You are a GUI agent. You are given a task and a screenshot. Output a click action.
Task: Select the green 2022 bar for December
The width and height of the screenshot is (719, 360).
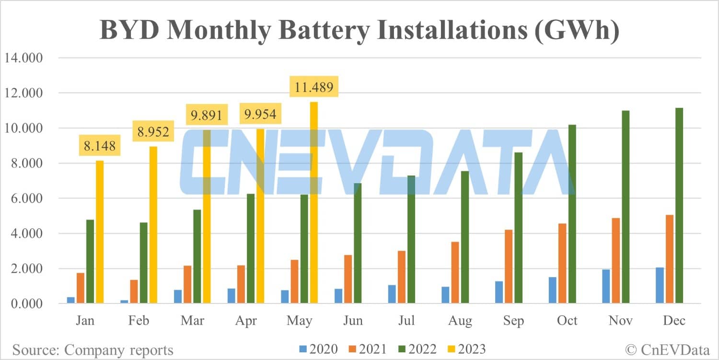coord(679,206)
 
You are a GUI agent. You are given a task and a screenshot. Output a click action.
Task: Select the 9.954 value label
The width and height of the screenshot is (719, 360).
coord(261,115)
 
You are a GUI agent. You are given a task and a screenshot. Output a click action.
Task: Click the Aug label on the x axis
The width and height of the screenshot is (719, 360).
coord(460,320)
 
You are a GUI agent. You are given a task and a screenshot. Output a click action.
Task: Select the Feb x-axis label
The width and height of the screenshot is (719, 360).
coord(139,320)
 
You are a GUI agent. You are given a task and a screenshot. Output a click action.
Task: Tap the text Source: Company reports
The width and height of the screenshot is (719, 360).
coord(93,350)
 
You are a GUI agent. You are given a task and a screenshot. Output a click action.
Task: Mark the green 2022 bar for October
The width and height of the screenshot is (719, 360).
coord(572,214)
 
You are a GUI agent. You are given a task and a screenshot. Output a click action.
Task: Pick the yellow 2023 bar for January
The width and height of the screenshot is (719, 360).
coord(100,232)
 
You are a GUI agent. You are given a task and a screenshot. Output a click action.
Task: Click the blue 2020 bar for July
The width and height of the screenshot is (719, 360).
coord(392,294)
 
